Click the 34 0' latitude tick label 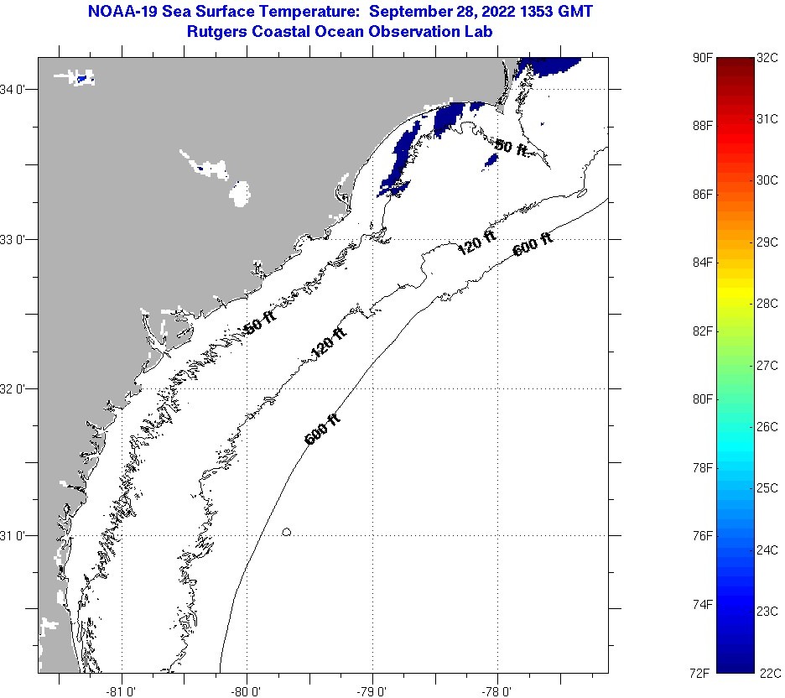(17, 89)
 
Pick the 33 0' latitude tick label (17, 239)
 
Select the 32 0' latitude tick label (17, 388)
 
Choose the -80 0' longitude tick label (247, 691)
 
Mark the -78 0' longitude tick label (496, 691)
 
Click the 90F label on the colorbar (703, 57)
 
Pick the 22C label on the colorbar (768, 673)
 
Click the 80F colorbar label (703, 398)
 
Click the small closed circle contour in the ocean (287, 532)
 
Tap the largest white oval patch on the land (240, 194)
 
